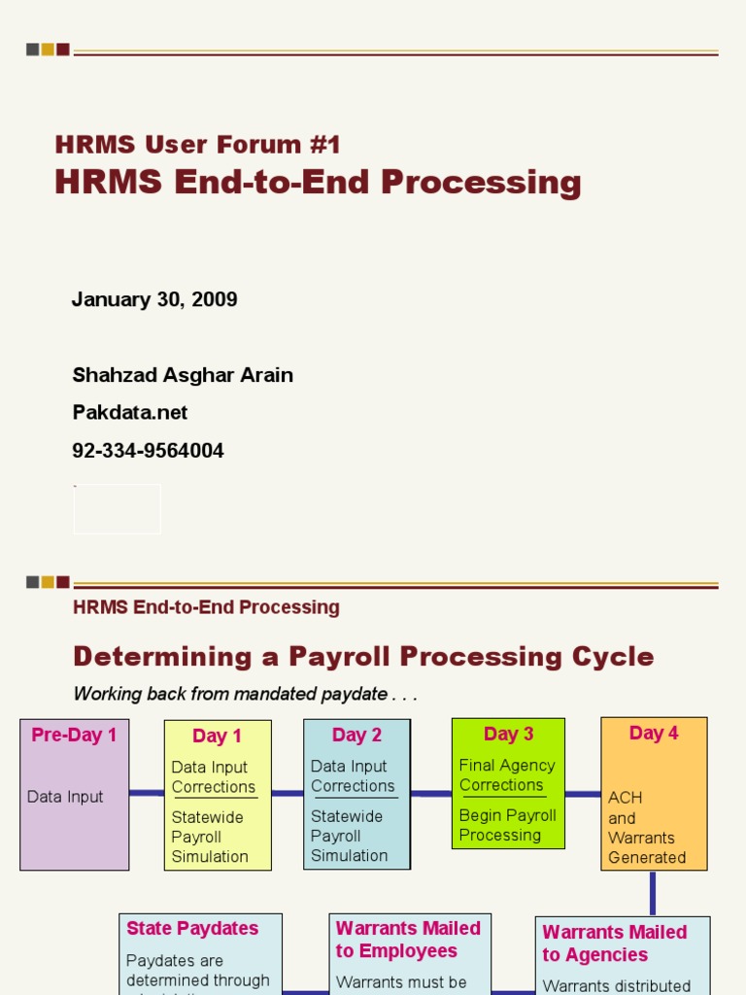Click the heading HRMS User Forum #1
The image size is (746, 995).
pos(198,146)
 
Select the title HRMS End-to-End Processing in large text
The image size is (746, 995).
pos(318,183)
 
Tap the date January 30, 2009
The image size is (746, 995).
pos(154,299)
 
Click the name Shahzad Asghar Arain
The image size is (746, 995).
pos(183,375)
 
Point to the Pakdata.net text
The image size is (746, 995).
pos(130,413)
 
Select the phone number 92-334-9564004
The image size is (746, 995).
pos(148,451)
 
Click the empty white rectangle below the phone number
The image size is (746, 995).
pos(118,509)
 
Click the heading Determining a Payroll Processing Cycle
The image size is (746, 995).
pos(363,657)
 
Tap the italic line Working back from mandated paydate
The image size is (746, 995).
pos(245,694)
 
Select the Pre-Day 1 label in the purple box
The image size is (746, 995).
pos(74,736)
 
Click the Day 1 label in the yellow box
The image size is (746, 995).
pos(217,737)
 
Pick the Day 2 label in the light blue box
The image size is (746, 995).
pos(356,736)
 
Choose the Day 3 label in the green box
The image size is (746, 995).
pos(508,735)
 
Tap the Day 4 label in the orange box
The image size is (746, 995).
pos(654,734)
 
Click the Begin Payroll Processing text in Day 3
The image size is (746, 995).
pos(507,825)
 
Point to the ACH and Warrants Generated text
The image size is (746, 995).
pos(647,827)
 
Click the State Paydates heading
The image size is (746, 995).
pos(192,928)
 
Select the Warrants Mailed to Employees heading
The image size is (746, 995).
pos(408,940)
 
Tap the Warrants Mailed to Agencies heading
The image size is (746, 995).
pos(614,944)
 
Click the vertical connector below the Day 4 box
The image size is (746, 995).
pos(652,893)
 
